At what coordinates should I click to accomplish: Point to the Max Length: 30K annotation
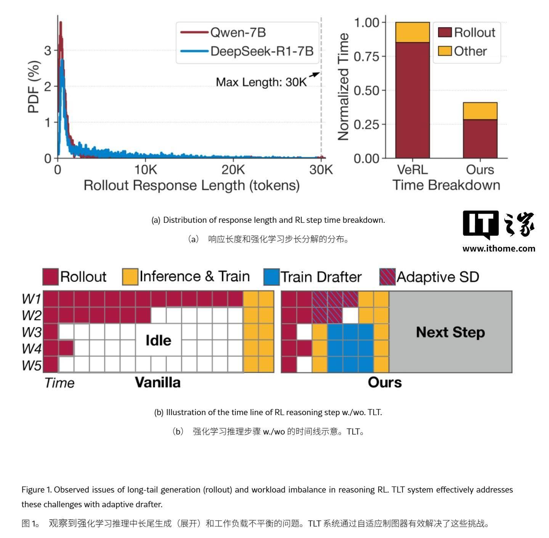(261, 82)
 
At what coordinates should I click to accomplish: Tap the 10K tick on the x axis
(145, 170)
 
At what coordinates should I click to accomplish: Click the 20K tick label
(233, 170)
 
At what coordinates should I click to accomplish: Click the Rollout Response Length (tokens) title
(191, 185)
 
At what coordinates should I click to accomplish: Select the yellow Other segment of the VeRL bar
(412, 32)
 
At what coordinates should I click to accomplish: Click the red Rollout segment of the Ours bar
(480, 139)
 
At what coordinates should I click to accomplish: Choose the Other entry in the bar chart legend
(470, 51)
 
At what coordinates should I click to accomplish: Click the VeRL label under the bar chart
(412, 170)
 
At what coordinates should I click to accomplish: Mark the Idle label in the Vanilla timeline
(158, 340)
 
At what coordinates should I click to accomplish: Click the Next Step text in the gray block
(450, 332)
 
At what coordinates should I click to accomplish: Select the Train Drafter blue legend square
(271, 277)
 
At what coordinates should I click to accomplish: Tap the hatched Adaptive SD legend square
(387, 277)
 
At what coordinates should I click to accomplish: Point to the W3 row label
(31, 332)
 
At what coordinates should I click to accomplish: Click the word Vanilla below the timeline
(157, 382)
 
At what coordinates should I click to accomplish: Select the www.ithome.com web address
(499, 248)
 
